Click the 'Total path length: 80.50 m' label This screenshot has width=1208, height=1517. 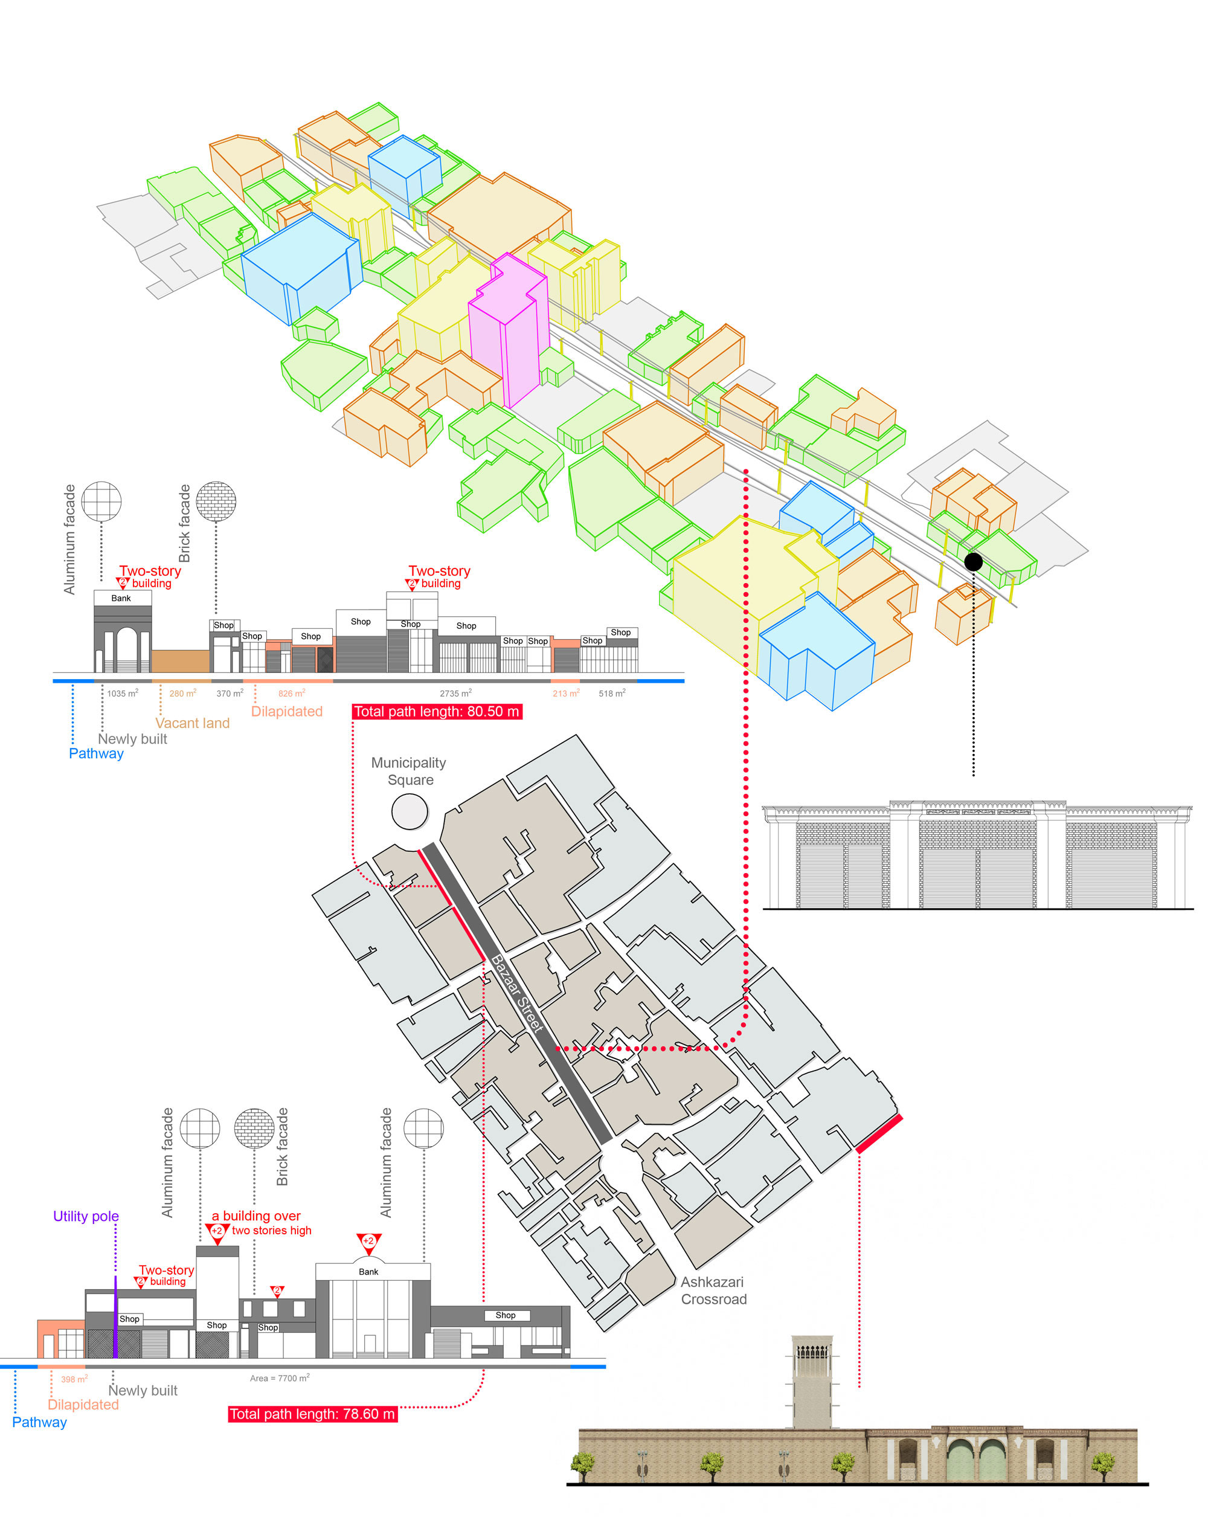[x=437, y=711]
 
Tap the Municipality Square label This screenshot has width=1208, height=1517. [x=409, y=771]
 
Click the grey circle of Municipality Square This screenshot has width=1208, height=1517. [x=410, y=811]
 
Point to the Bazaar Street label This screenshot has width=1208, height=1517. [x=517, y=993]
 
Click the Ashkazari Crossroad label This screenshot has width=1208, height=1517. [x=713, y=1290]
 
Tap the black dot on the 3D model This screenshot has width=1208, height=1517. [x=973, y=561]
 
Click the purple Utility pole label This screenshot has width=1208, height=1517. [x=86, y=1216]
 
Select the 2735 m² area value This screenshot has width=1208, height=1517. [x=456, y=693]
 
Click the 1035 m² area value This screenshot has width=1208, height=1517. [x=123, y=693]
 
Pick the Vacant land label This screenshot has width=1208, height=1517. [x=192, y=723]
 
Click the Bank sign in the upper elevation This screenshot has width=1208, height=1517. [x=121, y=598]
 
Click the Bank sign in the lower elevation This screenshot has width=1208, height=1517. [x=368, y=1272]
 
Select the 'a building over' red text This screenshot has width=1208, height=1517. [x=256, y=1216]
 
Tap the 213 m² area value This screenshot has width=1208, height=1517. [x=566, y=693]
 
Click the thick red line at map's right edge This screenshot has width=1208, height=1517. [x=879, y=1133]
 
